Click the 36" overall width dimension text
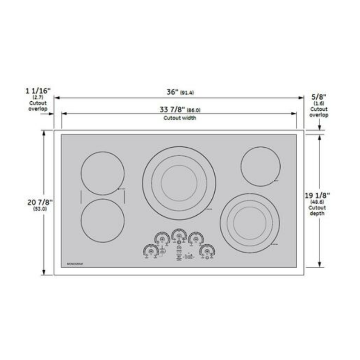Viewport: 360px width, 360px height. pyautogui.click(x=172, y=91)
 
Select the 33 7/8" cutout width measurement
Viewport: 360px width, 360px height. pyautogui.click(x=172, y=110)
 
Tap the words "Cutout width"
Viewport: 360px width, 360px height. pyautogui.click(x=180, y=118)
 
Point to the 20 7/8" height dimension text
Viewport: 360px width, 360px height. pyautogui.click(x=41, y=202)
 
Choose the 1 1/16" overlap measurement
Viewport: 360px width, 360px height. pyautogui.click(x=37, y=90)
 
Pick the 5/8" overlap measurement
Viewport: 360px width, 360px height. pyautogui.click(x=319, y=97)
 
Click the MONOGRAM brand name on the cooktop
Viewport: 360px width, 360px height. pyautogui.click(x=75, y=264)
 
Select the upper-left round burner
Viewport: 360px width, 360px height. pyautogui.click(x=103, y=172)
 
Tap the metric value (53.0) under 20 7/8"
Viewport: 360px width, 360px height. pyautogui.click(x=40, y=209)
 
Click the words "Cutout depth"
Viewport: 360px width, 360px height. pyautogui.click(x=317, y=210)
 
